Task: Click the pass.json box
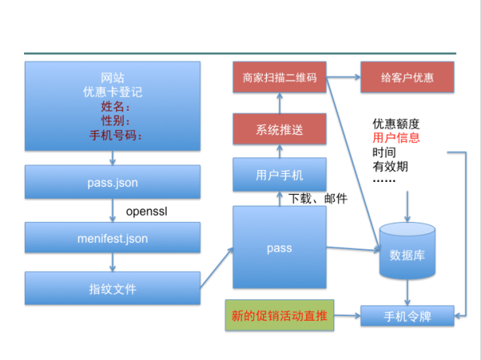(x=112, y=182)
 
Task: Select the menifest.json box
(x=112, y=237)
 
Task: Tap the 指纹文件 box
(x=112, y=288)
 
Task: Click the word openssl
(x=147, y=212)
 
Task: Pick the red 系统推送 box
(x=280, y=129)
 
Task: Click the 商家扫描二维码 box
(x=280, y=77)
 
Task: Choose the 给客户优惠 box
(x=407, y=77)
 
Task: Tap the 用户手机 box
(x=280, y=175)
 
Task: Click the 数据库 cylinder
(x=407, y=251)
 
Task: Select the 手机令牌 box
(x=407, y=316)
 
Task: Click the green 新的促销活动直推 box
(x=280, y=315)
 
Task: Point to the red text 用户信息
(x=396, y=138)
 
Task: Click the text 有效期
(x=390, y=167)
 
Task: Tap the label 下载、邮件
(x=317, y=199)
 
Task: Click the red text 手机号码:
(x=115, y=135)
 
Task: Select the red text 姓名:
(x=115, y=107)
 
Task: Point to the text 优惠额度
(x=396, y=123)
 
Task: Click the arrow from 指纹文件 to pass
(x=217, y=268)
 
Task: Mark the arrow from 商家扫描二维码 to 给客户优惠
(x=343, y=77)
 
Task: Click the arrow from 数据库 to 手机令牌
(x=407, y=293)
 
